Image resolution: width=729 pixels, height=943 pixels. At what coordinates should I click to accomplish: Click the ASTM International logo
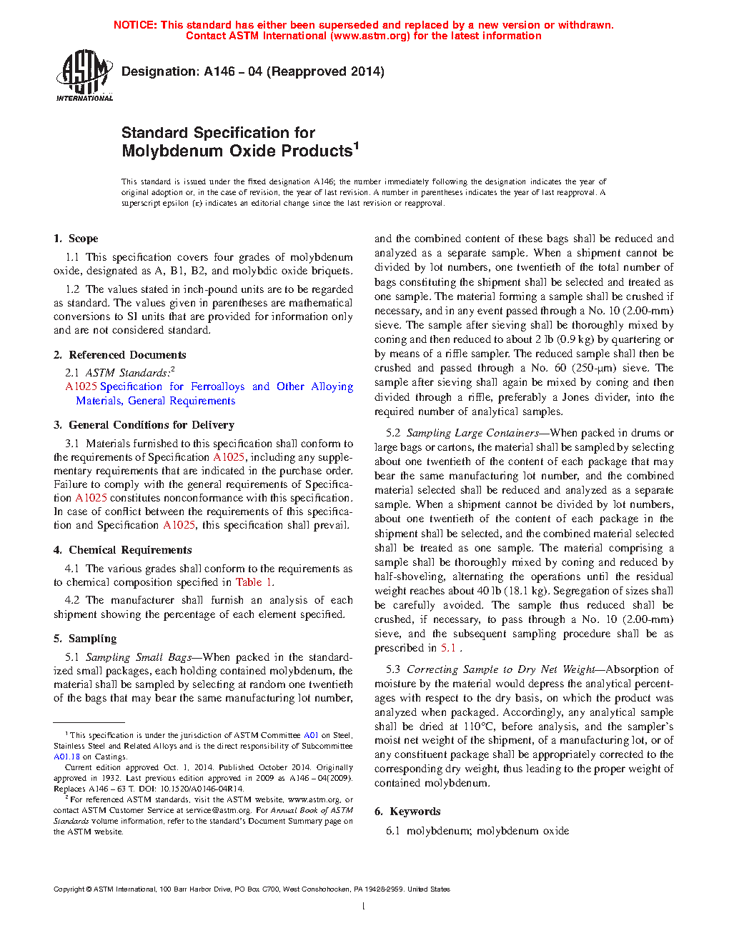84,75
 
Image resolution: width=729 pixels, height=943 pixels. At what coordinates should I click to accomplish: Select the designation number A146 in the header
219,71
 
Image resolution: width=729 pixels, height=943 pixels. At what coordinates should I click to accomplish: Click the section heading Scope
83,239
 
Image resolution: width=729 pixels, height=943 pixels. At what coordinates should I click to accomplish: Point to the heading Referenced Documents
127,355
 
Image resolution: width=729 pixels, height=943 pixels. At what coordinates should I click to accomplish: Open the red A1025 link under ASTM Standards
81,386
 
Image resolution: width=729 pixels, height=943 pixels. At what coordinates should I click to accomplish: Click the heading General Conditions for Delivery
151,424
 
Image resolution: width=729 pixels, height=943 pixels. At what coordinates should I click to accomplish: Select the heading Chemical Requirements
130,550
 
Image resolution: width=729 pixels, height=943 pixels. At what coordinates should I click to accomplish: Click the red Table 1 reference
254,582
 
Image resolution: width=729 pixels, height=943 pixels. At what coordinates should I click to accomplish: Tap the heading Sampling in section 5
92,639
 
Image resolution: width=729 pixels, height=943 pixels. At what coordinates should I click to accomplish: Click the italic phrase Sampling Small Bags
139,657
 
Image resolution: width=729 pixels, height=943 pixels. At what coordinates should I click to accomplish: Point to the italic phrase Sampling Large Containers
472,433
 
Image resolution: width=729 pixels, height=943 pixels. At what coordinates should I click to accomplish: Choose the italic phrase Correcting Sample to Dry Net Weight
500,669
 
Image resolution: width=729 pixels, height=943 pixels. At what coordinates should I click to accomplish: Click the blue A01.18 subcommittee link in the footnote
66,757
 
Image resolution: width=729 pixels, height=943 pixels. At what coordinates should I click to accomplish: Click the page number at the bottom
364,907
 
